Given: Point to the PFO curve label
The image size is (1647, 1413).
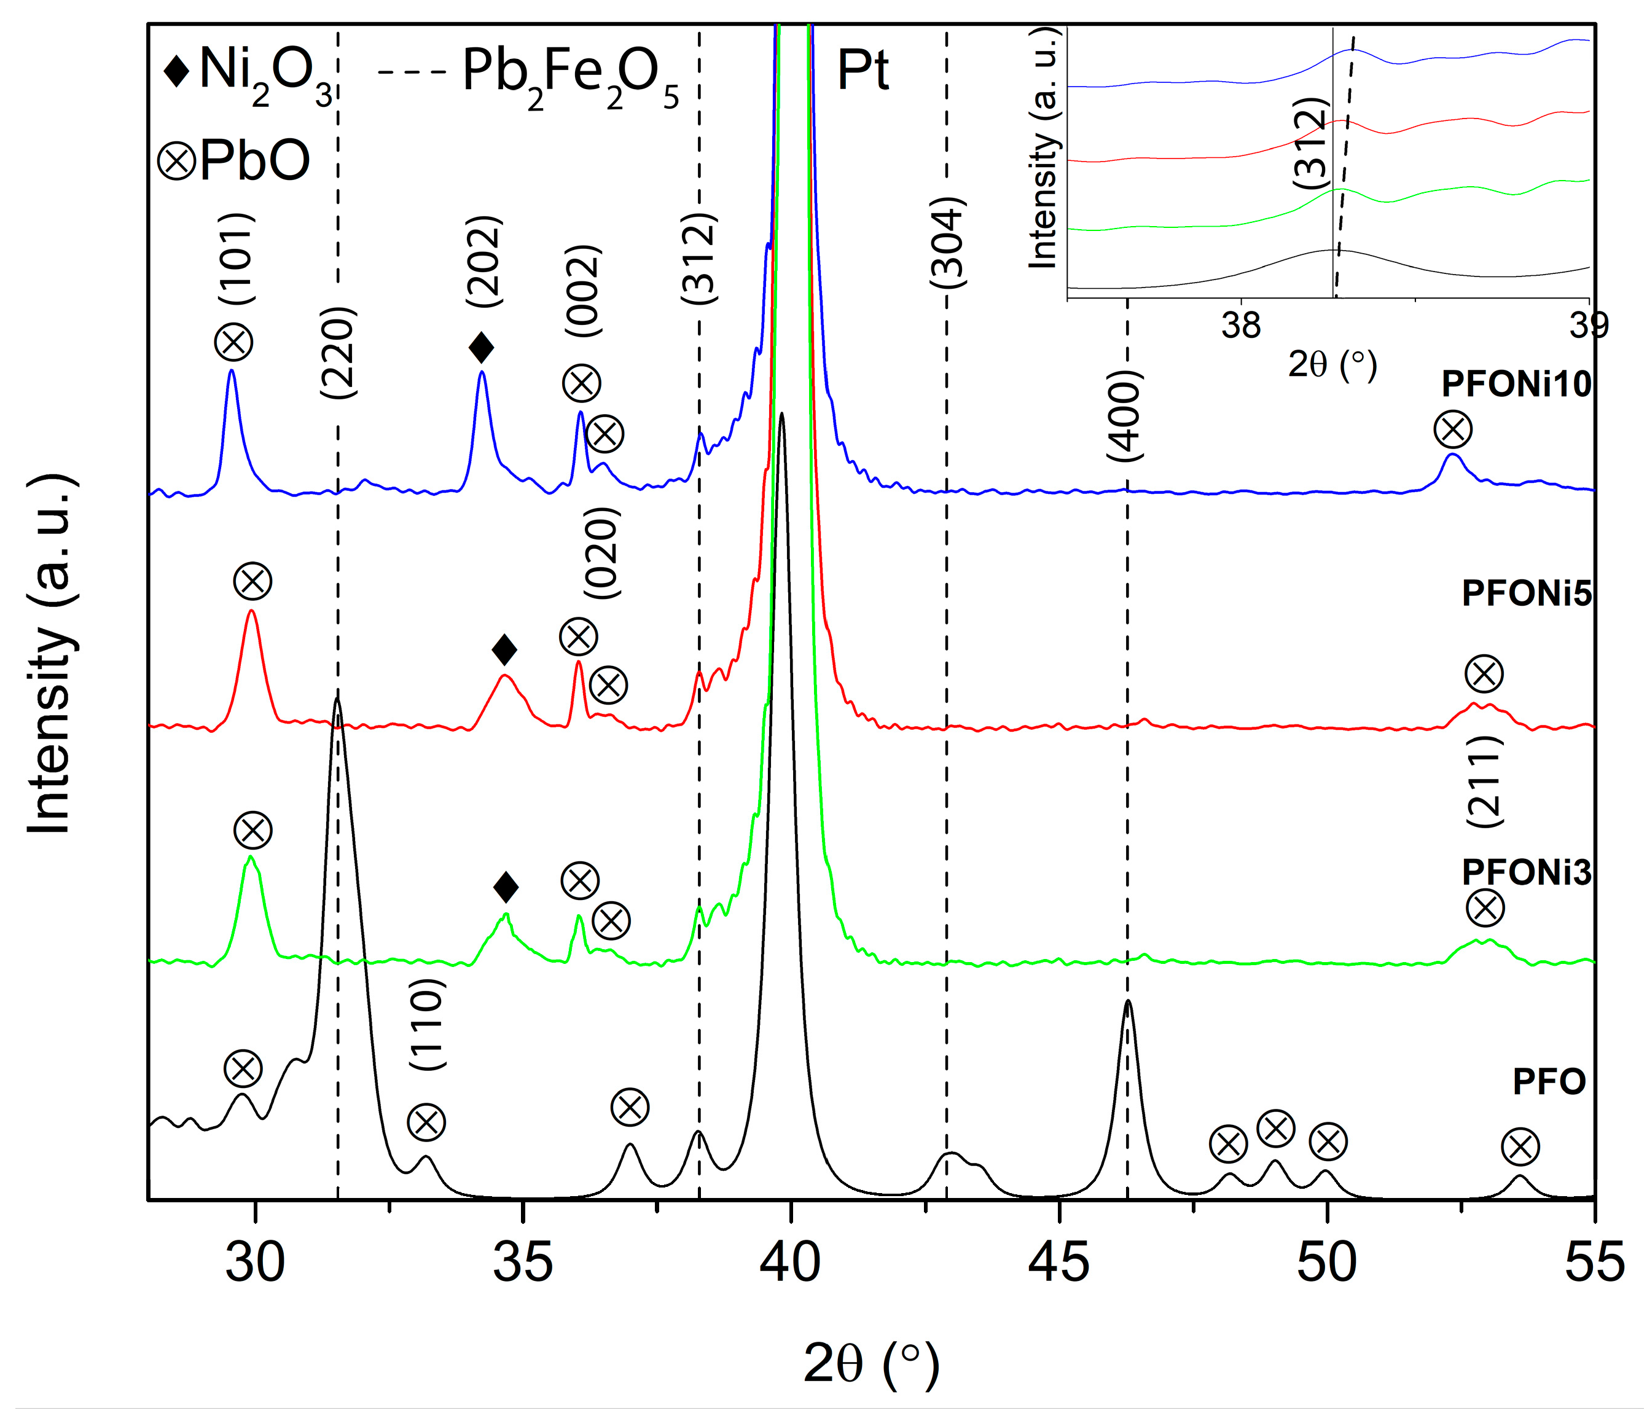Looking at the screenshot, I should pyautogui.click(x=1549, y=1082).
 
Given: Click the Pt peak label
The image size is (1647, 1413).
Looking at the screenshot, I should pyautogui.click(x=863, y=71).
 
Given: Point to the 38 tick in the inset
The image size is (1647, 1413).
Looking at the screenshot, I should pyautogui.click(x=1241, y=325).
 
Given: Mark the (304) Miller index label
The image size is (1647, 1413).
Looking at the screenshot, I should pyautogui.click(x=947, y=243).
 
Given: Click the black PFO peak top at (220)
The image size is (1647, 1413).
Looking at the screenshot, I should pyautogui.click(x=338, y=699).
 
